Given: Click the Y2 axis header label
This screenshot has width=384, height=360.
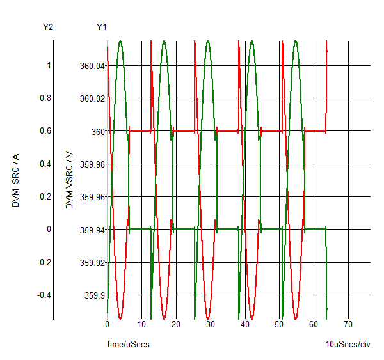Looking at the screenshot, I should click(47, 27).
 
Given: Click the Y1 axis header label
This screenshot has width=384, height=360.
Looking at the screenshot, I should click(102, 27).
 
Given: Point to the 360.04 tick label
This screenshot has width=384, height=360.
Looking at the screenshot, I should click(90, 65).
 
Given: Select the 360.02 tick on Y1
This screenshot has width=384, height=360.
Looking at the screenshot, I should click(90, 98).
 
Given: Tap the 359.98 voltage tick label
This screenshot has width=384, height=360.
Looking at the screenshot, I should click(90, 164).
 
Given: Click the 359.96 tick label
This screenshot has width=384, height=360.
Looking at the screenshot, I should click(90, 197).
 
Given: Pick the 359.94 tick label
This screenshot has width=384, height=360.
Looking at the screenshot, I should click(90, 230).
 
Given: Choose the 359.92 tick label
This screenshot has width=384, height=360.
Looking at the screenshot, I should click(90, 262).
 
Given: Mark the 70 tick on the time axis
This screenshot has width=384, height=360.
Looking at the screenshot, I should click(348, 324).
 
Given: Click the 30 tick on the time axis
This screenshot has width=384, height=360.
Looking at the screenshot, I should click(211, 324).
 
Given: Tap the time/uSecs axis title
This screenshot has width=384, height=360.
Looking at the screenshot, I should click(128, 345).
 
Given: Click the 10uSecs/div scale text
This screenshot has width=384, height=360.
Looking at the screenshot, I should click(348, 345).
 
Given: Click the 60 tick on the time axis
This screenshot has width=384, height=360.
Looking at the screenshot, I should click(314, 324).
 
